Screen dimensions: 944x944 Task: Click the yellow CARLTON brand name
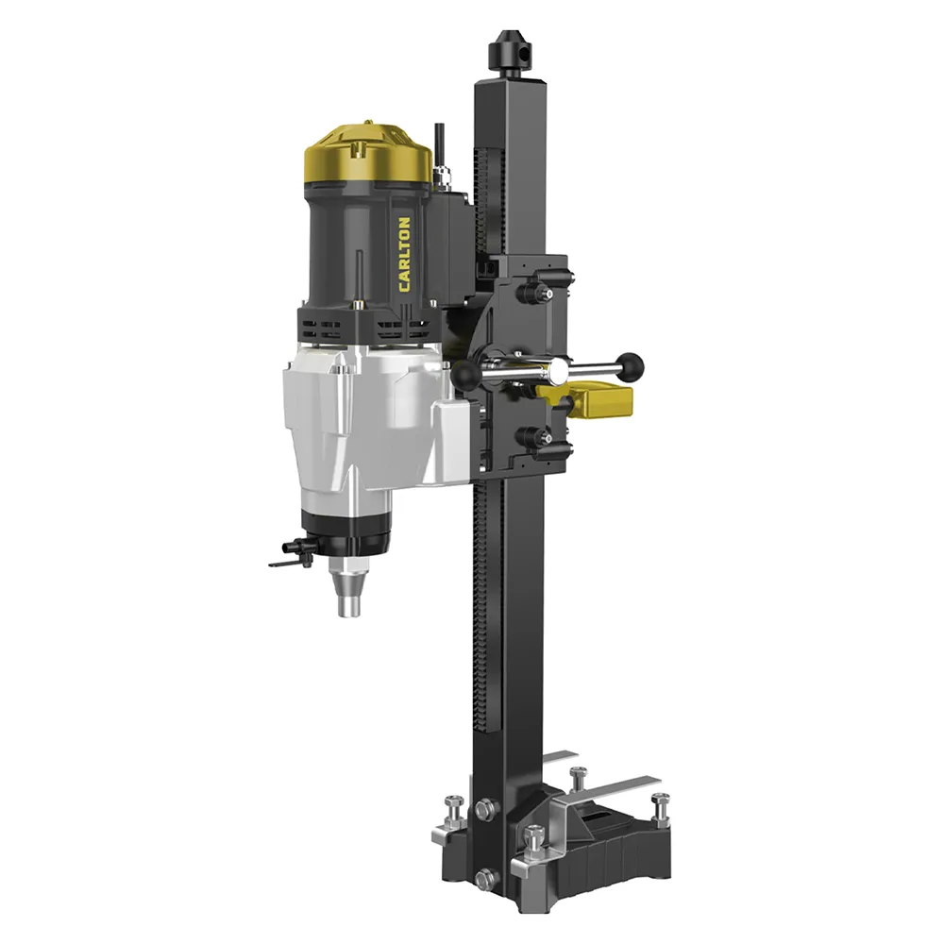pos(405,255)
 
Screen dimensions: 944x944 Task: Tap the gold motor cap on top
pos(368,154)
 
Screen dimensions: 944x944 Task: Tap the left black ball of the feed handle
pos(464,375)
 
